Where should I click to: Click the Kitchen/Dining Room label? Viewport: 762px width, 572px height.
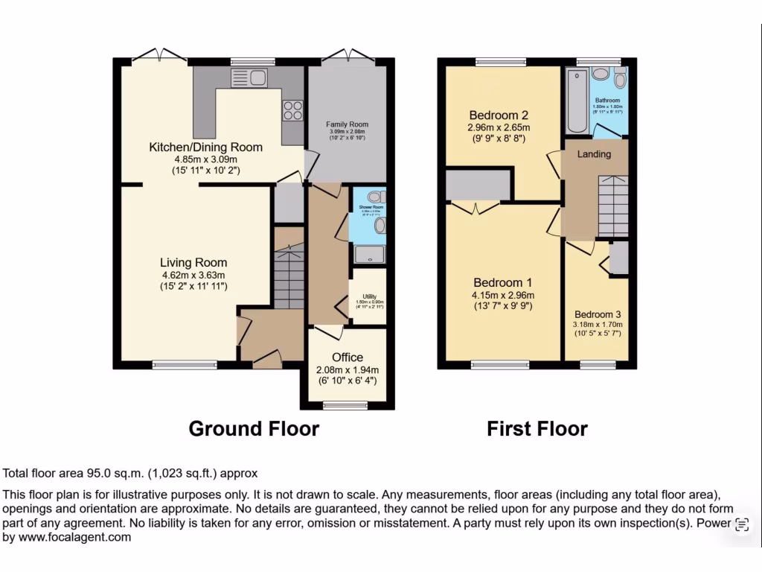click(x=205, y=147)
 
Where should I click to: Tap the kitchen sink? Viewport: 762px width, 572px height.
click(x=249, y=77)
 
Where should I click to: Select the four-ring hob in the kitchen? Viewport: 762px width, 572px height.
click(x=292, y=110)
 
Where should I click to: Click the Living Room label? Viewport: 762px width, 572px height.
click(x=193, y=263)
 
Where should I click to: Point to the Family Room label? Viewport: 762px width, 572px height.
click(x=347, y=124)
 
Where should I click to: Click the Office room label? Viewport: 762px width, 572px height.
click(x=348, y=357)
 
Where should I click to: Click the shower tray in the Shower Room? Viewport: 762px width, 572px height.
click(x=368, y=255)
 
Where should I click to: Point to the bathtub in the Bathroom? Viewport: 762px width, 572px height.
click(x=576, y=101)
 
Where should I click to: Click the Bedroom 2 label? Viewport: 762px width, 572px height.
click(x=499, y=115)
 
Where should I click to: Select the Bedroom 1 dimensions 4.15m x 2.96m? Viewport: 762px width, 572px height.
click(x=504, y=295)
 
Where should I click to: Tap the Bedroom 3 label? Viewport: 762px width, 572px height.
click(x=598, y=314)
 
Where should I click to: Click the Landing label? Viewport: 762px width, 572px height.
click(x=594, y=154)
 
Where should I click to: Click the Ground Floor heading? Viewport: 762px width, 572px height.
click(x=254, y=429)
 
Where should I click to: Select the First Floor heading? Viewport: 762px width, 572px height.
click(x=537, y=429)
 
